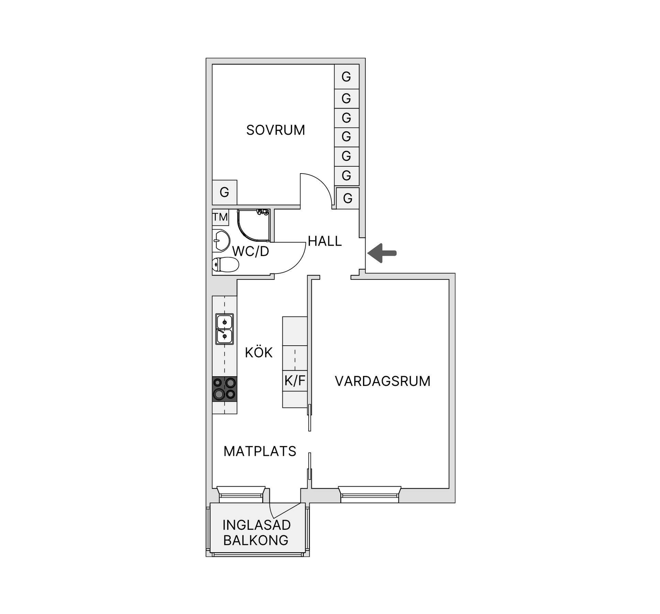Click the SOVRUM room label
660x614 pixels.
click(275, 130)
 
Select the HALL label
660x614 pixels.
click(324, 241)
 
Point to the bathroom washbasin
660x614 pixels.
click(221, 241)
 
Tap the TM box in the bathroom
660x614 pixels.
click(220, 217)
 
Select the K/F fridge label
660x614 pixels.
click(295, 380)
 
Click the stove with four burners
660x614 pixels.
click(224, 389)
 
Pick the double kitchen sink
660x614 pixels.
click(224, 329)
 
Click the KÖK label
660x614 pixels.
click(258, 353)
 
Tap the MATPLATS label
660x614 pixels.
click(260, 451)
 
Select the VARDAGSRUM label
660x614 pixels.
click(382, 381)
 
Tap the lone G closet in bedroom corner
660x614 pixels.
click(224, 192)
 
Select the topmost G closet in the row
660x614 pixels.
click(346, 76)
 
